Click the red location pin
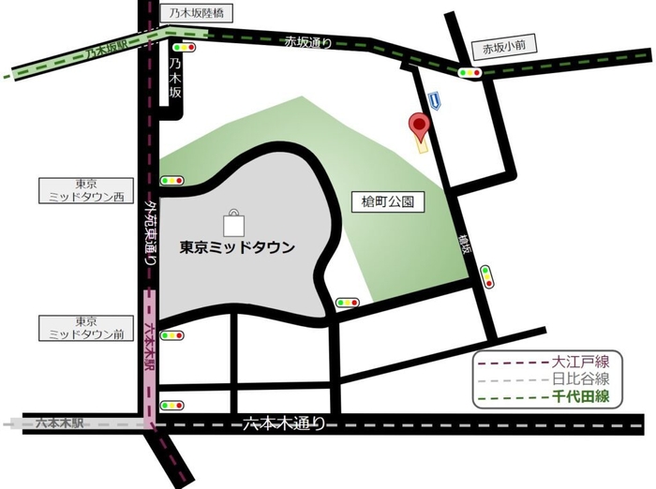point(419,126)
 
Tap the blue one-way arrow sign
point(433,97)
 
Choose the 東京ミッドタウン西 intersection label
point(85,190)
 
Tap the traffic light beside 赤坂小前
point(469,72)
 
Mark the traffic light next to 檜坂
point(485,275)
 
